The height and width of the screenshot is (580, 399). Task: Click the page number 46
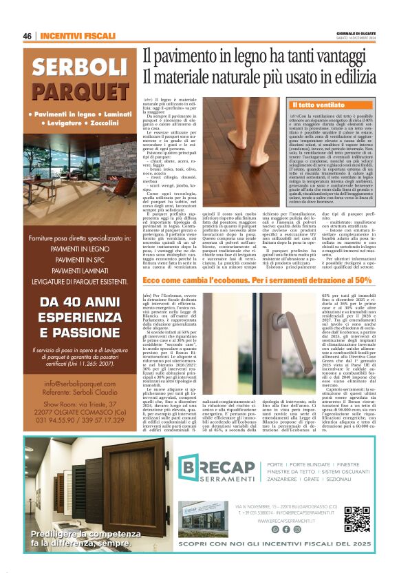click(x=28, y=36)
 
